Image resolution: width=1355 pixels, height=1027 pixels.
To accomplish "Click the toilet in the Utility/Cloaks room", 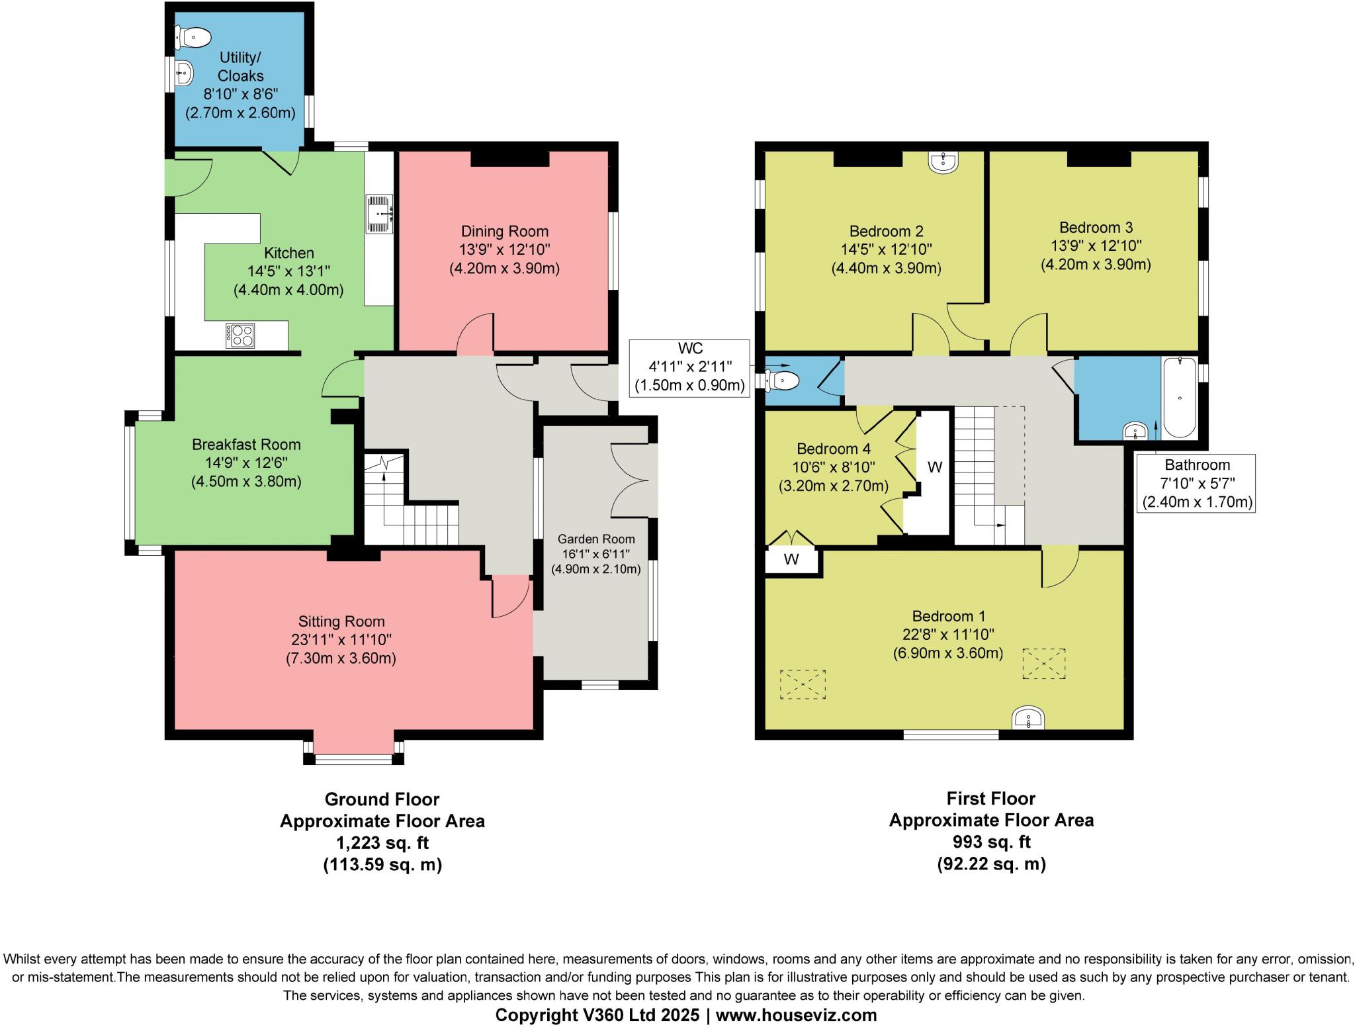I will point(193,37).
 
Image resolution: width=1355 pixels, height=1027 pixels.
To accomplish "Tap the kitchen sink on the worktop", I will point(380,214).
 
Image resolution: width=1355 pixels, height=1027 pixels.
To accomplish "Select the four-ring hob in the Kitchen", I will point(240,335).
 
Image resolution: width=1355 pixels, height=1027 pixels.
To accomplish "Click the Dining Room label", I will point(504,232).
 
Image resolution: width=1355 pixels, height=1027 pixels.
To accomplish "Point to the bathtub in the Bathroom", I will point(1180,397).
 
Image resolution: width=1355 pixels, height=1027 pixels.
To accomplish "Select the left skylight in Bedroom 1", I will point(803,684).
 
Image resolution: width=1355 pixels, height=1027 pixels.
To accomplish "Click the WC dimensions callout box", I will point(689,367).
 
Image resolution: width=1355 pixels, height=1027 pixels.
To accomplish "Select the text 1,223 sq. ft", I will point(382,843).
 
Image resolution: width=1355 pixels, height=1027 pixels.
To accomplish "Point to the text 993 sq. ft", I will point(990,842).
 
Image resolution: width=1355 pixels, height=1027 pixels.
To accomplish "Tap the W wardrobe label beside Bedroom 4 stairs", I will point(934,468).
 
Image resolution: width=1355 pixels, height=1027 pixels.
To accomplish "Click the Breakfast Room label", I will point(246,445).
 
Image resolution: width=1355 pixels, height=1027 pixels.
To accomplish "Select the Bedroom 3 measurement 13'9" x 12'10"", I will point(1096,246).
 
